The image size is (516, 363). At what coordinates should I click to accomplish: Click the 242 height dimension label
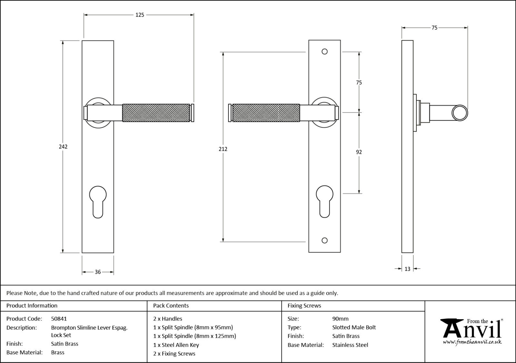(63, 147)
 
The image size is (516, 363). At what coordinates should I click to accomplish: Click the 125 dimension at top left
(140, 15)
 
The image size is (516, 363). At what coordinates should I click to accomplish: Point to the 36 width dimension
(98, 272)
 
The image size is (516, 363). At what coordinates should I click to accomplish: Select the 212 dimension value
(223, 149)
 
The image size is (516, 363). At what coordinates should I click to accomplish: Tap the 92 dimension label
(359, 152)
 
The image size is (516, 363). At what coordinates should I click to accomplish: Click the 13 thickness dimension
(407, 269)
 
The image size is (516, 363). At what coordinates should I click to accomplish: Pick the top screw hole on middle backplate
(325, 52)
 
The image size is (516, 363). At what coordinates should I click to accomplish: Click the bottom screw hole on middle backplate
(325, 240)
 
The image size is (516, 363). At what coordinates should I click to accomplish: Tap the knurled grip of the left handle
(156, 113)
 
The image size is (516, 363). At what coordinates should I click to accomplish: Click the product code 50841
(59, 319)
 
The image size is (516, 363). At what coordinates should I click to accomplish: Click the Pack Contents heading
(171, 306)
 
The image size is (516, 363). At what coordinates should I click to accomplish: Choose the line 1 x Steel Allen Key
(176, 345)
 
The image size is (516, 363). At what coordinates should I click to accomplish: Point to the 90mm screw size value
(340, 319)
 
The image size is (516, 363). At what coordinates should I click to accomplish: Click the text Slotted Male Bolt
(354, 328)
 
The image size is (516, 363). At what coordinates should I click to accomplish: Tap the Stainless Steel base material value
(350, 345)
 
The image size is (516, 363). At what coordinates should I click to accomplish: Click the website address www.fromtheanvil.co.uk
(472, 342)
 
